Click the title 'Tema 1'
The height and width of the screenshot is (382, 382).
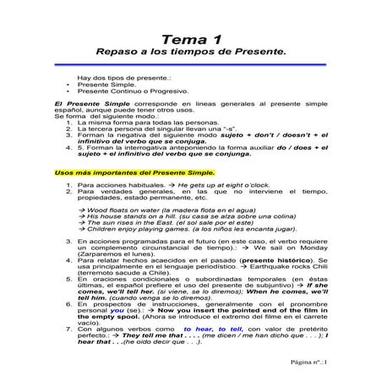point(190,39)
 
